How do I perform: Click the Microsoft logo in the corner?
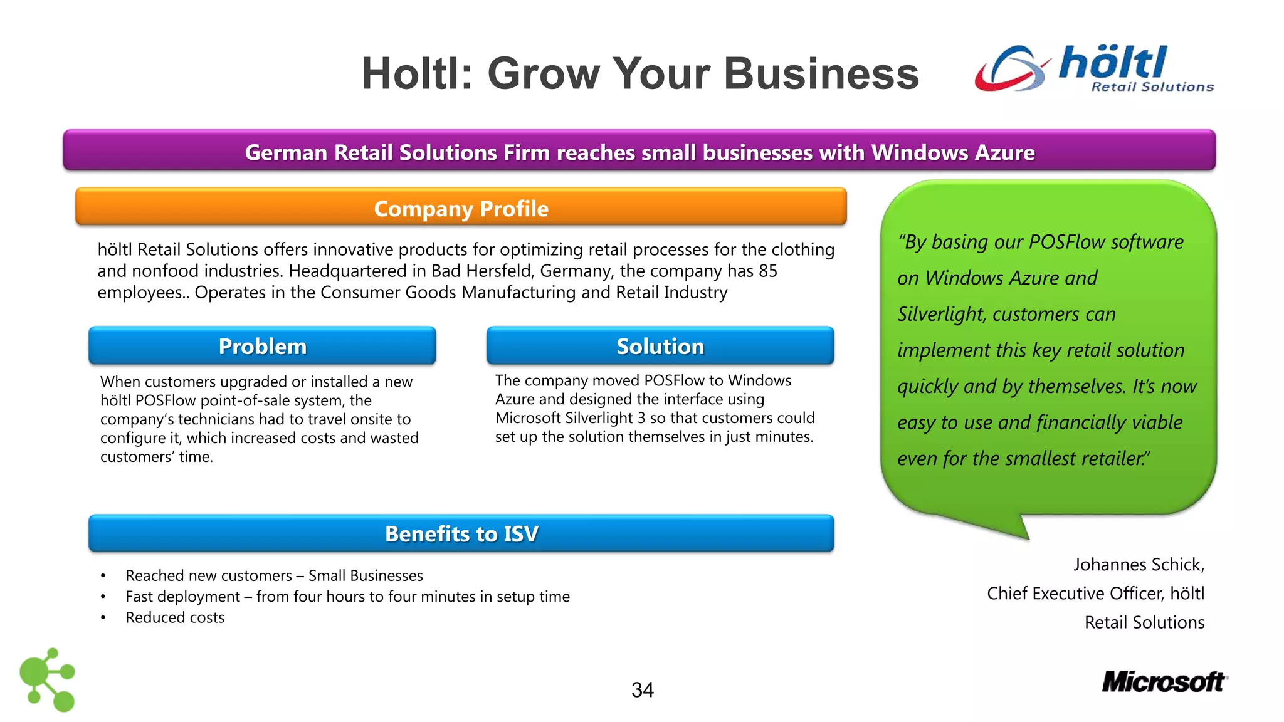click(1164, 682)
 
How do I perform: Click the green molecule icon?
click(48, 679)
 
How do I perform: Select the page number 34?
click(643, 690)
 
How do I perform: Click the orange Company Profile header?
click(461, 207)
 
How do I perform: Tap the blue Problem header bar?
click(262, 346)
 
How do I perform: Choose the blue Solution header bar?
click(660, 346)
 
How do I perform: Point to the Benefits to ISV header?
click(461, 533)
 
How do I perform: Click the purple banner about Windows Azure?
click(639, 152)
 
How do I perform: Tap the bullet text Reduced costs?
click(175, 618)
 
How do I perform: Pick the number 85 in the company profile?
click(767, 271)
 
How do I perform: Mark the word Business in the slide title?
click(821, 74)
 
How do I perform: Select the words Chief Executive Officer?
click(1075, 594)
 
